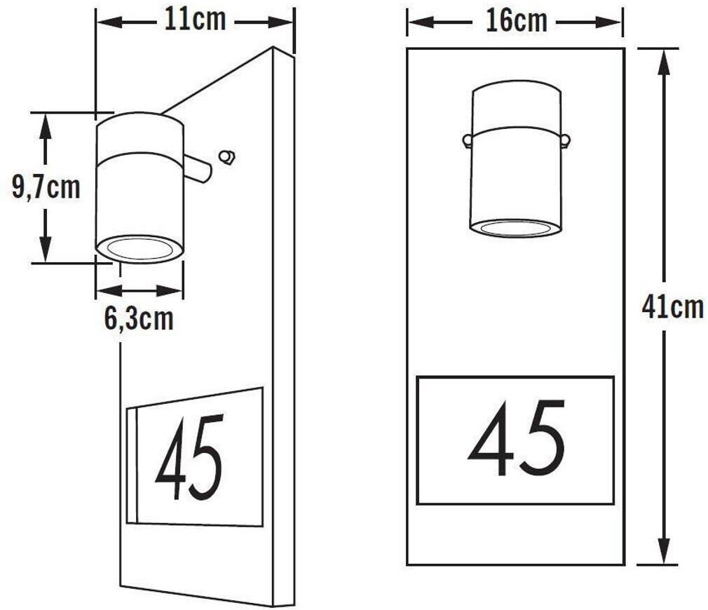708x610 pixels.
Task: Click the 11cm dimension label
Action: pyautogui.click(x=195, y=20)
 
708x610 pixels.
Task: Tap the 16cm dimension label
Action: pyautogui.click(x=517, y=21)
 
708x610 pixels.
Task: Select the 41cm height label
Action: pyautogui.click(x=673, y=307)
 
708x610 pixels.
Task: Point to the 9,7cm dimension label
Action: pyautogui.click(x=46, y=187)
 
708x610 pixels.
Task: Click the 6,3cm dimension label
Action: pyautogui.click(x=139, y=319)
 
